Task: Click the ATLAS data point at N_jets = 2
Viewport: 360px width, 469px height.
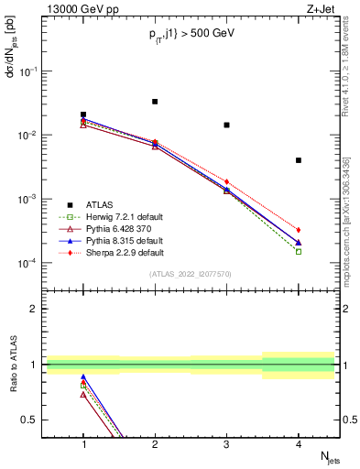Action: [x=155, y=102]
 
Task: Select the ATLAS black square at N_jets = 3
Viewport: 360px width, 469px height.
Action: [x=226, y=125]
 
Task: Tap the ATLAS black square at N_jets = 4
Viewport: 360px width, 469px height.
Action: [x=299, y=160]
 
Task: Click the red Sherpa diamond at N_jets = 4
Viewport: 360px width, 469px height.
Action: [x=299, y=230]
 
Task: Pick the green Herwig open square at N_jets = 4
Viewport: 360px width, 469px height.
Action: [x=299, y=251]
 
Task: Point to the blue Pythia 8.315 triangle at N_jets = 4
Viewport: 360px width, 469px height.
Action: [x=299, y=243]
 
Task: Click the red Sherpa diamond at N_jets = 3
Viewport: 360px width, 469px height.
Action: [x=226, y=181]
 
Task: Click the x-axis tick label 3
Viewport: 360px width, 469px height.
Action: [x=226, y=444]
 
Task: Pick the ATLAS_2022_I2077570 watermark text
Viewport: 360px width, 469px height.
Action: [x=191, y=274]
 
